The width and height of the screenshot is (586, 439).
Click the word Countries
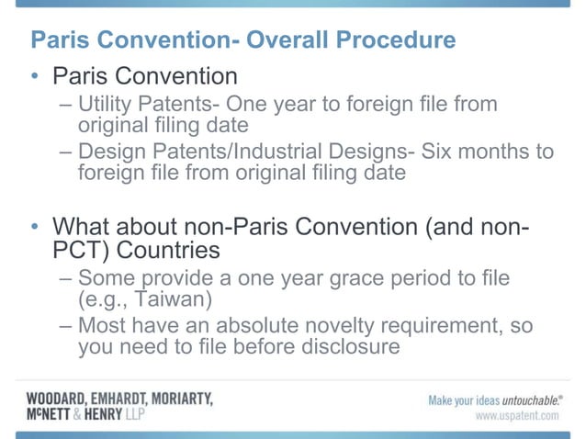point(175,249)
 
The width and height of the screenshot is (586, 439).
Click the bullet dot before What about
point(34,227)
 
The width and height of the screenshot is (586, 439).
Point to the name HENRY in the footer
point(115,414)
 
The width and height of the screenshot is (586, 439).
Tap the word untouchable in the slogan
point(523,400)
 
